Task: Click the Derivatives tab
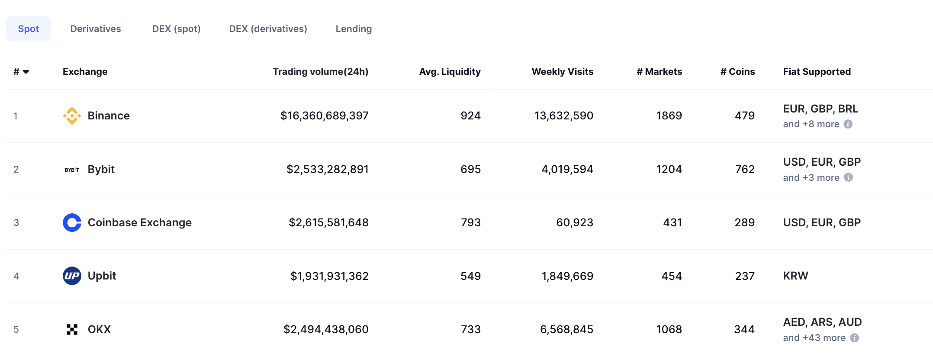point(96,29)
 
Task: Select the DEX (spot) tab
point(176,29)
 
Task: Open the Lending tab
point(354,29)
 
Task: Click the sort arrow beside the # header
point(26,72)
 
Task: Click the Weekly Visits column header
point(562,71)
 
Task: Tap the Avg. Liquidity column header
point(450,71)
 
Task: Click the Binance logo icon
point(72,116)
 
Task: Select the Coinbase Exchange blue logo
point(72,222)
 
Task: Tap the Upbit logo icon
point(72,276)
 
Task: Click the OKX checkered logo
point(72,329)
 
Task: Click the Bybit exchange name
point(101,169)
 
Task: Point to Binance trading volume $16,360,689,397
point(324,116)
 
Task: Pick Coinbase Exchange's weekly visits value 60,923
point(574,222)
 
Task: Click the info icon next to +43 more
point(854,337)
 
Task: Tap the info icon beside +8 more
point(848,124)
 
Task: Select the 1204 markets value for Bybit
point(669,169)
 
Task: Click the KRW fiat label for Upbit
point(795,276)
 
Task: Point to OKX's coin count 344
point(744,329)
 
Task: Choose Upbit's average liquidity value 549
point(470,276)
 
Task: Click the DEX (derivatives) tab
point(268,29)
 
